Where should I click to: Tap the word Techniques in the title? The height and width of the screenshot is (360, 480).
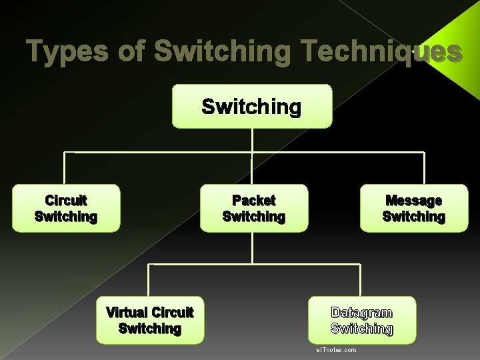381,51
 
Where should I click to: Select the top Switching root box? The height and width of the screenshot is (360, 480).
252,106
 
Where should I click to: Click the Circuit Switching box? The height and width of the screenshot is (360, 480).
66,208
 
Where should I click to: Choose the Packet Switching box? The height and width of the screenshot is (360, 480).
254,208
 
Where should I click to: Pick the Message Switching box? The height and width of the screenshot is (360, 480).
414,208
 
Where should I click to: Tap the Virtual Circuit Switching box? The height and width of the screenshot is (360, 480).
149,320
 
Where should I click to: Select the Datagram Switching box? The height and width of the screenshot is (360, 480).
362,320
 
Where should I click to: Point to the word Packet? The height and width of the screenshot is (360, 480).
254,200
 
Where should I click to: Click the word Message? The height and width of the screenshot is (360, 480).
414,200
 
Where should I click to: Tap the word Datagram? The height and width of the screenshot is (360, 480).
362,312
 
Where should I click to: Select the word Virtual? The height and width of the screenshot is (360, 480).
127,312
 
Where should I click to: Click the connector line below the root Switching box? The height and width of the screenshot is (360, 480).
252,139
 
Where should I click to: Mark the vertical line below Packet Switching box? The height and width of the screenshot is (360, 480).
253,247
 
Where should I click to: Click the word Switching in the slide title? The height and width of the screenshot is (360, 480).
222,51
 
